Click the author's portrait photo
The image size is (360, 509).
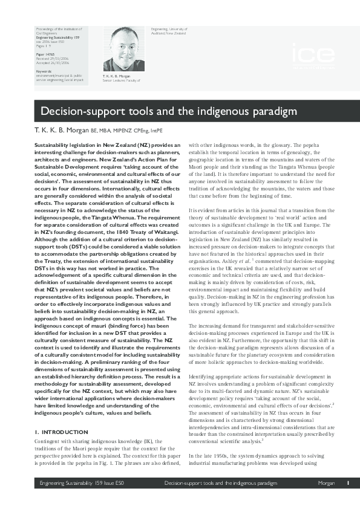120,48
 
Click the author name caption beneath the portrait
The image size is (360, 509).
117,76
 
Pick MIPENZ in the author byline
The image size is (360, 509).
120,130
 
